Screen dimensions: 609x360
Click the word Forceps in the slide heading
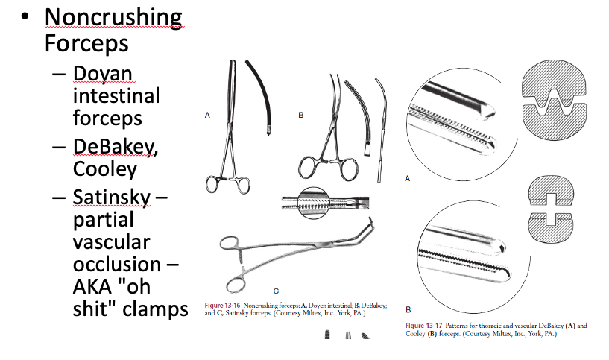[86, 42]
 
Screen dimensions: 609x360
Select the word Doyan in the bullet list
[103, 74]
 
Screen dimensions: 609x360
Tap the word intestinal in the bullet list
[116, 96]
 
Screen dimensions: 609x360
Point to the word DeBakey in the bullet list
[115, 147]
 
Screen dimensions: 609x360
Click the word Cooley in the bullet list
[104, 169]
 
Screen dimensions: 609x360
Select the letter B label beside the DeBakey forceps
[300, 116]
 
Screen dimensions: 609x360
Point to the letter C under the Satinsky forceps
[276, 289]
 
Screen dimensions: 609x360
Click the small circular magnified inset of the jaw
[317, 202]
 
